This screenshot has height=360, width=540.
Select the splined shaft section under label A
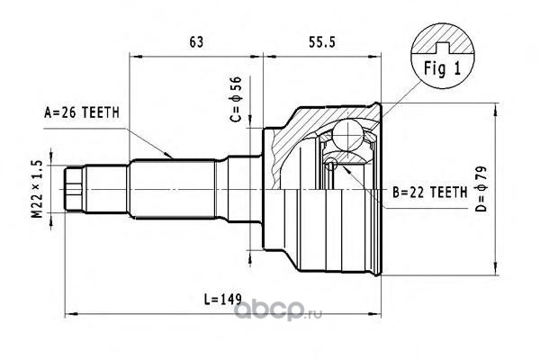(175, 190)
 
